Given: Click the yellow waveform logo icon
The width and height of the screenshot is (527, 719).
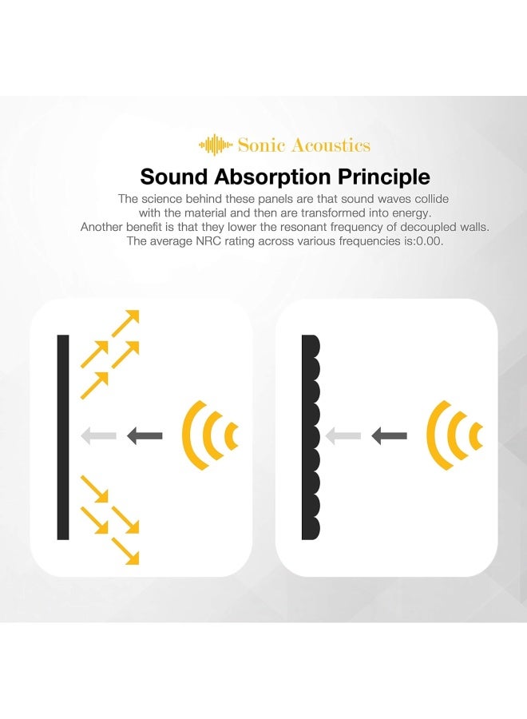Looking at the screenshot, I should [x=216, y=145].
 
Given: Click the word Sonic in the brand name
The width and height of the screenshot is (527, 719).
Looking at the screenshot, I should [x=256, y=145].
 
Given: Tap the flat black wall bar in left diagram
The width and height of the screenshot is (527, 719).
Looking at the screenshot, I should [x=63, y=437].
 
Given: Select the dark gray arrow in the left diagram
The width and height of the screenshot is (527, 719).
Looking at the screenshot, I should [x=145, y=436].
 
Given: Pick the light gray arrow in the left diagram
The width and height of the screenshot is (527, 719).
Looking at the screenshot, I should [x=98, y=436].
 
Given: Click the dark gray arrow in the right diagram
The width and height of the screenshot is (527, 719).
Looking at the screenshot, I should [x=389, y=436].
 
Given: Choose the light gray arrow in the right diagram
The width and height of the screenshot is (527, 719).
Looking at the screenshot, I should [x=343, y=436].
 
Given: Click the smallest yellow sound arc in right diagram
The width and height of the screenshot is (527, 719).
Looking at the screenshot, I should [x=476, y=436].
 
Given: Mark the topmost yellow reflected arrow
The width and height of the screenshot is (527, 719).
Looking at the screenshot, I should [x=125, y=322].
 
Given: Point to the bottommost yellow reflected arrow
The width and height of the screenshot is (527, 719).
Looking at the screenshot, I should [x=125, y=550].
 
